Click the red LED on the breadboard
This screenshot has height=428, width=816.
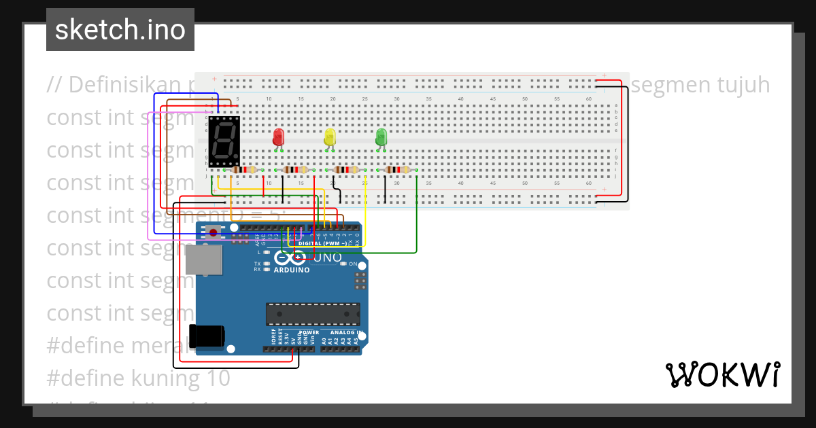[x=278, y=137]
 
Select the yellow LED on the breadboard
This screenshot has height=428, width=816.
[x=330, y=137]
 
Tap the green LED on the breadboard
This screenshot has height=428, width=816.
[x=381, y=137]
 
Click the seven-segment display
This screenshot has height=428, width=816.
[x=224, y=141]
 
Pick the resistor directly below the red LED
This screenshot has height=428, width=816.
[x=295, y=170]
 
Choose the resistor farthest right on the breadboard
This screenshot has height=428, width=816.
[x=398, y=170]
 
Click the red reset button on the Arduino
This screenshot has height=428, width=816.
[x=214, y=233]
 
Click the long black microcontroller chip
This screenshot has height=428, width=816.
[x=313, y=314]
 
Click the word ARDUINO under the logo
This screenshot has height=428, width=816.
[x=291, y=270]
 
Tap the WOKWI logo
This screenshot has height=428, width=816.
[x=722, y=374]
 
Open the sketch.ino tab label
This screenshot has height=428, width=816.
[x=120, y=30]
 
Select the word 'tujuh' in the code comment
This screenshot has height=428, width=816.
[x=737, y=85]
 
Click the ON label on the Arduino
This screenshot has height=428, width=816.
[x=353, y=264]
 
